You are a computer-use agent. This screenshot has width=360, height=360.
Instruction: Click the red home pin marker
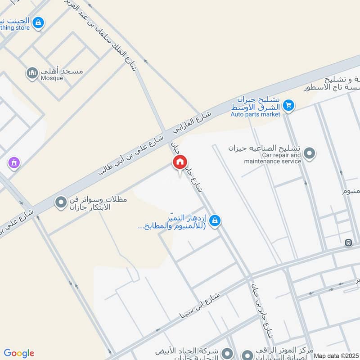coord(180,162)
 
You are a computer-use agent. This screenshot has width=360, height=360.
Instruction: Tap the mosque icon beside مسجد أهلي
coord(32,73)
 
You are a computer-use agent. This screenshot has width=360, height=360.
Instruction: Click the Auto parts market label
coord(255,114)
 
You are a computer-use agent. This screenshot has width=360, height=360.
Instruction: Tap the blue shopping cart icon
coord(289,106)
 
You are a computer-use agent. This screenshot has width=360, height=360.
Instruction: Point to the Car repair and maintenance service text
coord(273,158)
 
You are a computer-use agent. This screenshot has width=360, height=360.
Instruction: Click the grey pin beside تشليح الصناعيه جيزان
coord(309,154)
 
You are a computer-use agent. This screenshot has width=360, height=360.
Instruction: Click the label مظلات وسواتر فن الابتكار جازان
coord(98,203)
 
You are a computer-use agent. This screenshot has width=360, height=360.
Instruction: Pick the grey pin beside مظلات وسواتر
coord(60,203)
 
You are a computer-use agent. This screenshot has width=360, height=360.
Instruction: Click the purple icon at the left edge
coord(14,162)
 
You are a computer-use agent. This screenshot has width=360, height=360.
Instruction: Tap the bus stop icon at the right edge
coord(348,243)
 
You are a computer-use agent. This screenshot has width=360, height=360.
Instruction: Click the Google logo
coord(19,353)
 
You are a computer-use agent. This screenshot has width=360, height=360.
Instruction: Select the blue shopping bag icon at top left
coord(39,22)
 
